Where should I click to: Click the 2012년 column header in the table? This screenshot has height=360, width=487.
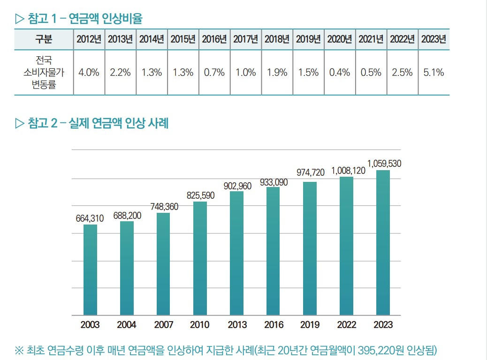(89, 39)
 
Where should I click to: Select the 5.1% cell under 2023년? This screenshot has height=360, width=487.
(434, 73)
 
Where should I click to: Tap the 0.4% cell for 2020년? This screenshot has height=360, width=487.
(340, 73)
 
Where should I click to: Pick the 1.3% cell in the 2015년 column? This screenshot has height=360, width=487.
(183, 73)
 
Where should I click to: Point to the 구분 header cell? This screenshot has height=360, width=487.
(44, 39)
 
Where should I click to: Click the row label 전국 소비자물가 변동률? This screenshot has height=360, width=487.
(44, 73)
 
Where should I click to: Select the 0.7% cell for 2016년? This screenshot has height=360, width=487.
(214, 73)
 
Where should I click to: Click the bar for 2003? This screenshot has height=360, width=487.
(90, 270)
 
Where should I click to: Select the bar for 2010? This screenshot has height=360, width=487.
(200, 258)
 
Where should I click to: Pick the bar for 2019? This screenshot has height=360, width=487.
(310, 248)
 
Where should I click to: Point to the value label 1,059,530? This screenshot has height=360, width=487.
(384, 164)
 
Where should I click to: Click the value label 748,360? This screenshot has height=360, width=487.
(164, 206)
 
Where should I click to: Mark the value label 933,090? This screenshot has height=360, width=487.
(274, 182)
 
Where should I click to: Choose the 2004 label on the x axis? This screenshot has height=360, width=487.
(127, 324)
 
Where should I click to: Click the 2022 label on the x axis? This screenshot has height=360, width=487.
(346, 324)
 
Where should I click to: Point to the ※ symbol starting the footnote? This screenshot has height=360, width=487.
(19, 350)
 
